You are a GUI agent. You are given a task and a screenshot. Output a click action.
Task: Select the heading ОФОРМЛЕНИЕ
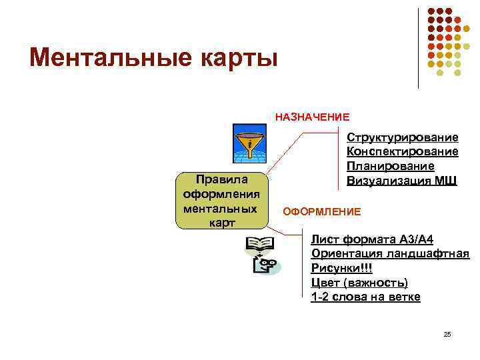pyautogui.click(x=322, y=211)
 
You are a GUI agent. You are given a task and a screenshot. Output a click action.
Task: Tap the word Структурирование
pyautogui.click(x=402, y=138)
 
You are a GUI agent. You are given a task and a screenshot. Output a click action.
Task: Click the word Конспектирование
pyautogui.click(x=402, y=152)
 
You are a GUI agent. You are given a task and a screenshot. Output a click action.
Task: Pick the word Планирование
pyautogui.click(x=390, y=166)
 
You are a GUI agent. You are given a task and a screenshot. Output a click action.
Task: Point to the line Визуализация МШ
pyautogui.click(x=401, y=181)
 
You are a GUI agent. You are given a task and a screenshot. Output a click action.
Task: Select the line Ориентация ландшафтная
pyautogui.click(x=390, y=254)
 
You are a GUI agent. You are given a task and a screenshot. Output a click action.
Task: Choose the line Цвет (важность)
pyautogui.click(x=359, y=283)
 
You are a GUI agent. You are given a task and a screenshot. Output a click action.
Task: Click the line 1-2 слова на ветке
pyautogui.click(x=365, y=297)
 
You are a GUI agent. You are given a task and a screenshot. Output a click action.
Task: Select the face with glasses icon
pyautogui.click(x=266, y=266)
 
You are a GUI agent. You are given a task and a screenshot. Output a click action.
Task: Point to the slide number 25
pyautogui.click(x=447, y=333)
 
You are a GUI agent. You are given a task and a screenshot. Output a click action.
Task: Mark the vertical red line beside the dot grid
pyautogui.click(x=419, y=47)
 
